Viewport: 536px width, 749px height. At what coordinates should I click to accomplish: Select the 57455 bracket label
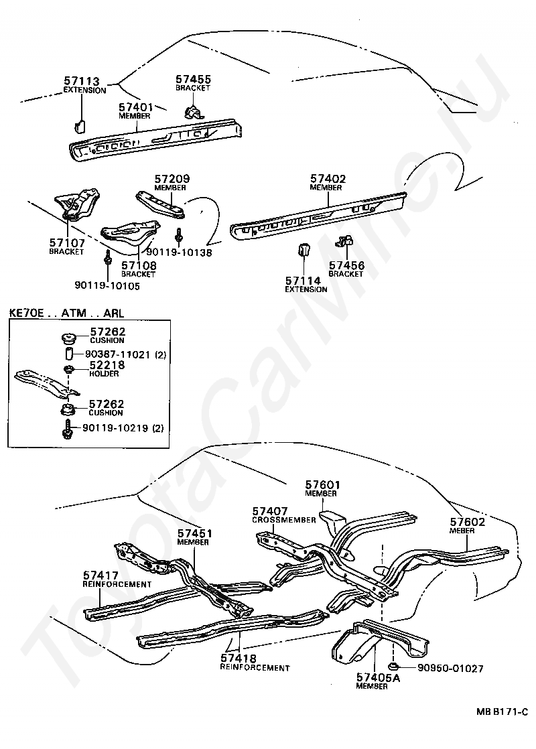pyautogui.click(x=193, y=80)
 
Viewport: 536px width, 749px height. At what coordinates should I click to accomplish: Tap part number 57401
pyautogui.click(x=137, y=107)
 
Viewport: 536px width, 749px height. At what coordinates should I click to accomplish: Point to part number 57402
pyautogui.click(x=328, y=179)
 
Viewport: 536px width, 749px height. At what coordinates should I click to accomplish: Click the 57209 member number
pyautogui.click(x=172, y=180)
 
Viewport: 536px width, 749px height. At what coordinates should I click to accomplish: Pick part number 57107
pyautogui.click(x=66, y=243)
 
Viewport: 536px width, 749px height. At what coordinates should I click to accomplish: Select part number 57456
pyautogui.click(x=346, y=266)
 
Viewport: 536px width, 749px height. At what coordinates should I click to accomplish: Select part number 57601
pyautogui.click(x=323, y=485)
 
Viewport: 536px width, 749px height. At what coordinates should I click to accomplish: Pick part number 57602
pyautogui.click(x=468, y=522)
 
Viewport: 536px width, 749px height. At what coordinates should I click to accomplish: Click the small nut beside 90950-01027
pyautogui.click(x=395, y=667)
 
